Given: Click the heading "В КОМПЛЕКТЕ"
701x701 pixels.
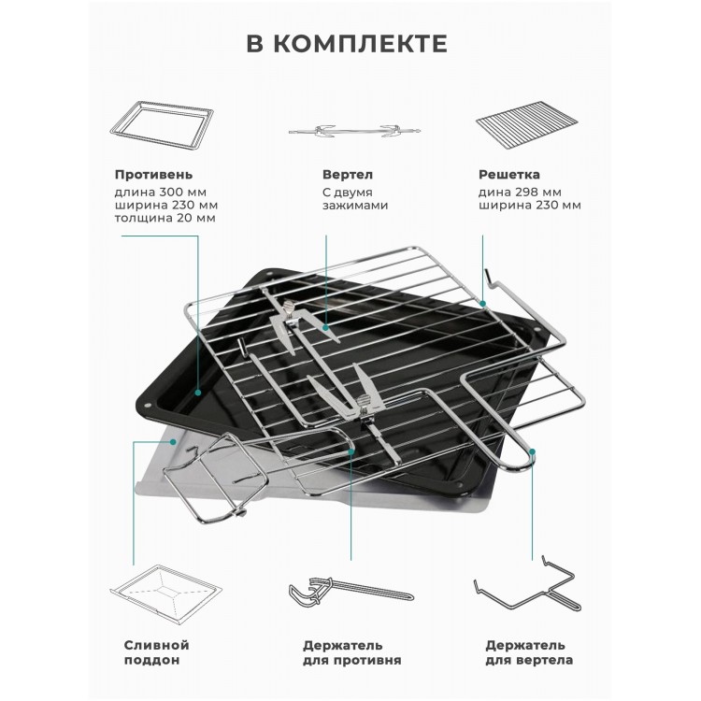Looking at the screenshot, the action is pos(347,43).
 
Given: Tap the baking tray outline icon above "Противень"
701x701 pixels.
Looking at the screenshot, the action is pos(162,126).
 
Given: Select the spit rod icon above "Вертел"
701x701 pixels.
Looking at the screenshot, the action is pos(353,131).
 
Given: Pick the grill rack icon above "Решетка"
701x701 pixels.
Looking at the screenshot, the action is pos(526,124).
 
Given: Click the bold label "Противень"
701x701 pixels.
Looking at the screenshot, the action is pos(154,175).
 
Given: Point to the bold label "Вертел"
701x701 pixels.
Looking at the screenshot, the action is pos(348,175).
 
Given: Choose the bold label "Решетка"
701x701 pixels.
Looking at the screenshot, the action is pos(508,175).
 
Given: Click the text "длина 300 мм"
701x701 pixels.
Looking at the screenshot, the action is pos(161,193).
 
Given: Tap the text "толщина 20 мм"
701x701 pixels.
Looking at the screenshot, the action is pos(165,218).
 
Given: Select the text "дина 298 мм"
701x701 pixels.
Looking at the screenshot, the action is pos(520,193).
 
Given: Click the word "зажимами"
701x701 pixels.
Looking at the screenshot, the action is pos(355,206).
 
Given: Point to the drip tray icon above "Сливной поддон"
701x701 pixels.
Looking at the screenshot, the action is pos(165,594).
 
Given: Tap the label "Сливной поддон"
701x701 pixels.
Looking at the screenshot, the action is pos(156,652).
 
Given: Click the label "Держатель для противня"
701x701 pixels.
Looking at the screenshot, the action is pos(351,652).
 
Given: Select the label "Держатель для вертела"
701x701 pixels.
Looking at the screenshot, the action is pos(529,652).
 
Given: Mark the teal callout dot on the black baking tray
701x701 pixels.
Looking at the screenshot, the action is pos(198,393).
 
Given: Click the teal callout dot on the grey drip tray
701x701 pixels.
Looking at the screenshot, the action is pos(173,442).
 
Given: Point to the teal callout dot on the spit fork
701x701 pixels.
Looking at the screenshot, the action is pos(326,328).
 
